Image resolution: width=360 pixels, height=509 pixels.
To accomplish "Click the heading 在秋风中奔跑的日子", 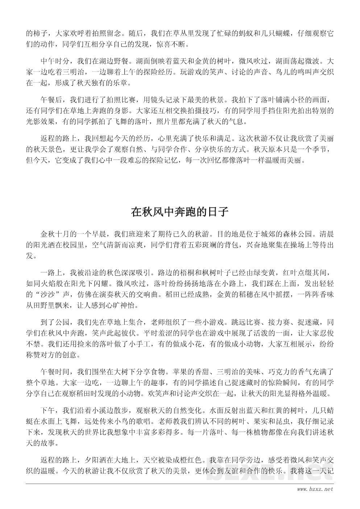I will tap(180, 212).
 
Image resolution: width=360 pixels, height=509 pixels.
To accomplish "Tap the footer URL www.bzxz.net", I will tap(314, 489).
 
